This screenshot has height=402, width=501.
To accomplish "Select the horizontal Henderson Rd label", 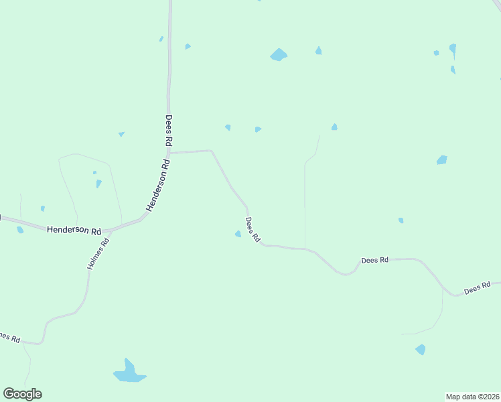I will click(x=74, y=229).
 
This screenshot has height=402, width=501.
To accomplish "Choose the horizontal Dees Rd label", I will click(x=375, y=260).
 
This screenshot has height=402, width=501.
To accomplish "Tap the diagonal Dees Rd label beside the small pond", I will click(x=253, y=230).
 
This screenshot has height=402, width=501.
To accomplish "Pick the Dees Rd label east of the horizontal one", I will click(x=478, y=287).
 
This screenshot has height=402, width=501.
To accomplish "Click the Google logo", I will click(x=23, y=394).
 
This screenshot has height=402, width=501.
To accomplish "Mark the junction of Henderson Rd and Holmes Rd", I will click(x=108, y=230).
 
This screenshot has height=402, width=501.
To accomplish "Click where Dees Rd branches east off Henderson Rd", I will click(x=170, y=153).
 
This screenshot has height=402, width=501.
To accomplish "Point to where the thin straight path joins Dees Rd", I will click(x=305, y=249).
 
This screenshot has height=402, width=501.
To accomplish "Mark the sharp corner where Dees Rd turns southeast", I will click(x=212, y=151).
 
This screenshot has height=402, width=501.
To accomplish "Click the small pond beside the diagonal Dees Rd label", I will click(x=238, y=234).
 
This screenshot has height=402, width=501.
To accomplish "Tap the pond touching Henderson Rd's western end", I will click(x=20, y=230).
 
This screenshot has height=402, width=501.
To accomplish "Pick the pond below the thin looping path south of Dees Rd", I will click(x=420, y=349).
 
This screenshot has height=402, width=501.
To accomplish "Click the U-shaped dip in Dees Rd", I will click(x=346, y=273).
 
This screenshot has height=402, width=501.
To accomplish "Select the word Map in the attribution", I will click(x=454, y=397).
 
